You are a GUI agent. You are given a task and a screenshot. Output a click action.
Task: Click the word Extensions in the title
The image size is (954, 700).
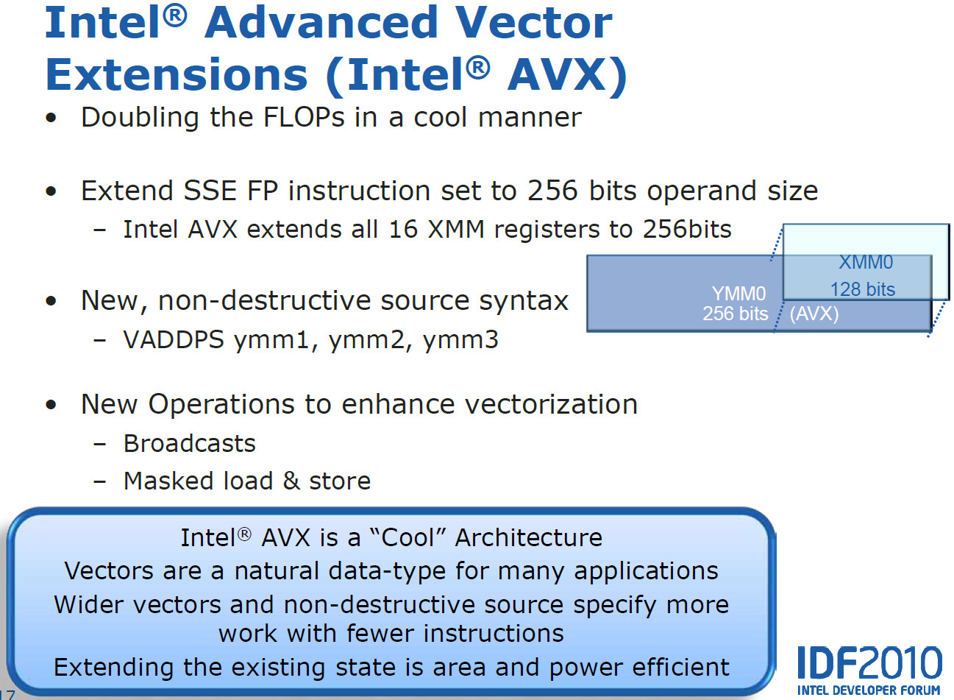[x=177, y=75]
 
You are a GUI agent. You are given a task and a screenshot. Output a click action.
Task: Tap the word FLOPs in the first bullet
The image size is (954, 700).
[x=304, y=117]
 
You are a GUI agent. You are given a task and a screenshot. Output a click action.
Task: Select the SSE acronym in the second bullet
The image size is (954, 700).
[x=210, y=191]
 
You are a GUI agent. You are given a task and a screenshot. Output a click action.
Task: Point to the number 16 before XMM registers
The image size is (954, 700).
[x=403, y=230]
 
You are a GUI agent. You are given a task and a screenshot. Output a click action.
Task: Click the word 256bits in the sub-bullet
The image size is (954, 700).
[x=687, y=230]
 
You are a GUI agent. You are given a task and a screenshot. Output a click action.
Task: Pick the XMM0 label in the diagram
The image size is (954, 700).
[x=866, y=262]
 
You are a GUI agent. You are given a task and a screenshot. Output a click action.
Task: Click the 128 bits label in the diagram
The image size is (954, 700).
[x=863, y=289]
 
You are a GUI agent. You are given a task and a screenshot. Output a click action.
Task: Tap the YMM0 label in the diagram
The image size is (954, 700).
[x=739, y=294]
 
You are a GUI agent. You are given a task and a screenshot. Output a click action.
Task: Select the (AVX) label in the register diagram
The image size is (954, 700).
[x=814, y=314]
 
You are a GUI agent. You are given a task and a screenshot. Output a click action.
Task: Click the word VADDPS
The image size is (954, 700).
[x=174, y=340]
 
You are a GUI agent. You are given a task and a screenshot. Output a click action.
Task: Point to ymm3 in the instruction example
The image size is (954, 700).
[x=460, y=340]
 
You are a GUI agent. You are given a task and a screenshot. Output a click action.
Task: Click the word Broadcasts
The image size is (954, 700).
[x=190, y=443]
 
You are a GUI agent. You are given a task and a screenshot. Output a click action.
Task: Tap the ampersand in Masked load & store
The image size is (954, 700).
[x=291, y=481]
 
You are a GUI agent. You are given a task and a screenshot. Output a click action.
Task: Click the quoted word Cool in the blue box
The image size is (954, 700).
[x=407, y=537]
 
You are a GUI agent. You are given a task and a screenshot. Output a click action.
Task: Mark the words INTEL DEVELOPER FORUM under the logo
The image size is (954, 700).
[x=869, y=690]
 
